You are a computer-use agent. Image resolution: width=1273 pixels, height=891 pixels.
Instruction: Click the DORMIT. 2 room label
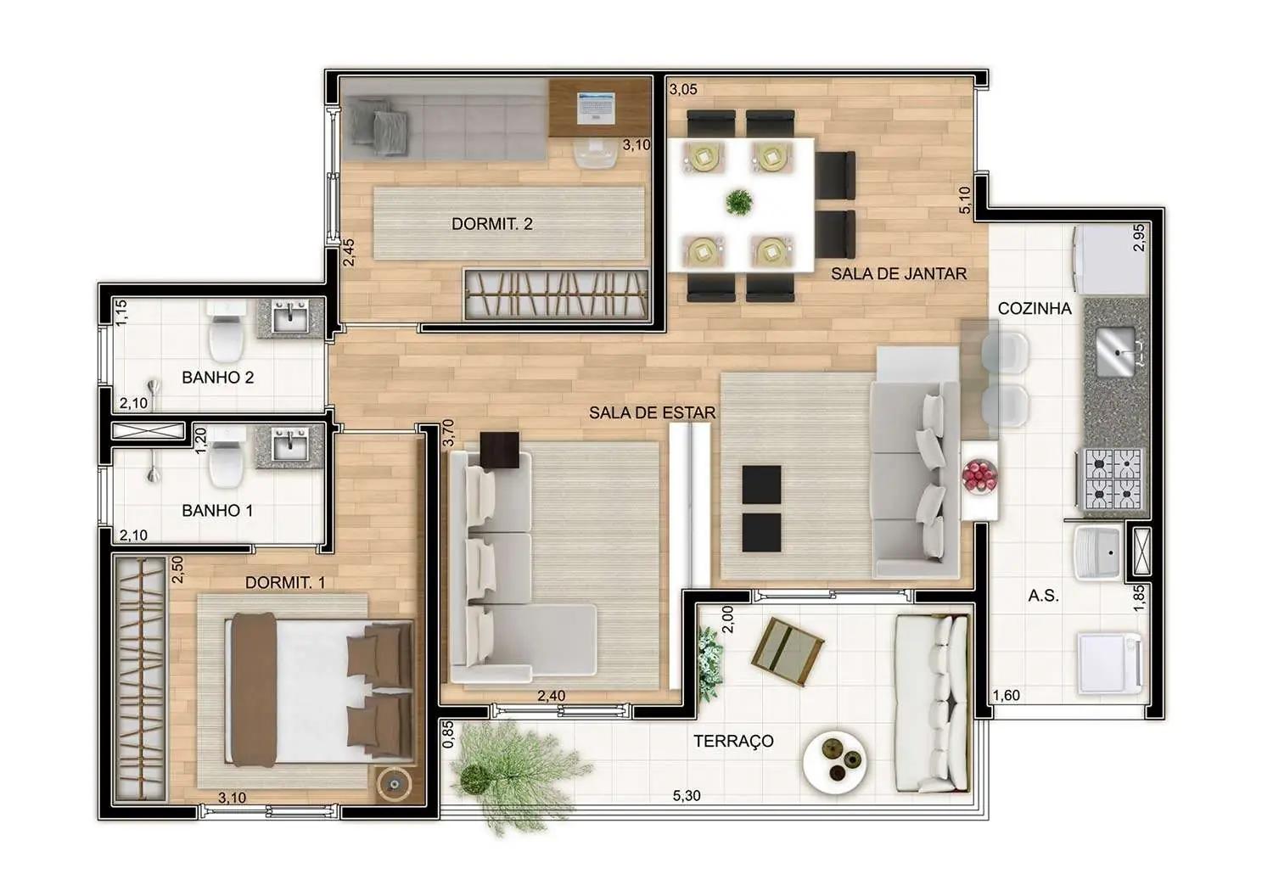492,224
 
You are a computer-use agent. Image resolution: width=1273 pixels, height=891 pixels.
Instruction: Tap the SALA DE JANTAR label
899,274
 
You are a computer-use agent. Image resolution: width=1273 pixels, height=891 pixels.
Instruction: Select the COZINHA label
1035,309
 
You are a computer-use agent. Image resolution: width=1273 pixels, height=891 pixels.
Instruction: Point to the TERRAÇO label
733,741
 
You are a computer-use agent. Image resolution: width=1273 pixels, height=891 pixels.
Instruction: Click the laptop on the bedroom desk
596,108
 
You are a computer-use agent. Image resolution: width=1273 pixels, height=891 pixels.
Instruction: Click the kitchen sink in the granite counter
1116,351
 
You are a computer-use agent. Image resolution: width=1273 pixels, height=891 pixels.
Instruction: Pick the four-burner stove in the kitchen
1108,479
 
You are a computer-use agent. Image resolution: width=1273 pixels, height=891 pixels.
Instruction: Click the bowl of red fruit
979,475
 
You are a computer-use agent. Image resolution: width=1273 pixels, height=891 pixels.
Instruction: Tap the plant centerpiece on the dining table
738,202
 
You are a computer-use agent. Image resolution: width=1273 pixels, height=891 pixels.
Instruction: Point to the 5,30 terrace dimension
687,796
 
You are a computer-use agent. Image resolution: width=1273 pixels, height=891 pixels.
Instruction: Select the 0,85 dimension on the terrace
448,734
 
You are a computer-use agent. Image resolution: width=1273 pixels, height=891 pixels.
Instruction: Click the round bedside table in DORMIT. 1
394,784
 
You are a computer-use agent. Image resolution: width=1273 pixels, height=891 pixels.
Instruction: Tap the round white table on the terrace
835,761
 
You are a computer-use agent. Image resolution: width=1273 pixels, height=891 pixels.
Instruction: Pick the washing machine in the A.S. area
1109,664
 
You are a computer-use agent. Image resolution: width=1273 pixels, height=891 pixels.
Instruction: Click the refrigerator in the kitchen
1108,260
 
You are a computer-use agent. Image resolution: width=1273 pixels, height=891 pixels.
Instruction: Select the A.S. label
1043,596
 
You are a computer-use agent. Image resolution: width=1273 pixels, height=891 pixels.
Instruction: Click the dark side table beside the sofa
500,450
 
